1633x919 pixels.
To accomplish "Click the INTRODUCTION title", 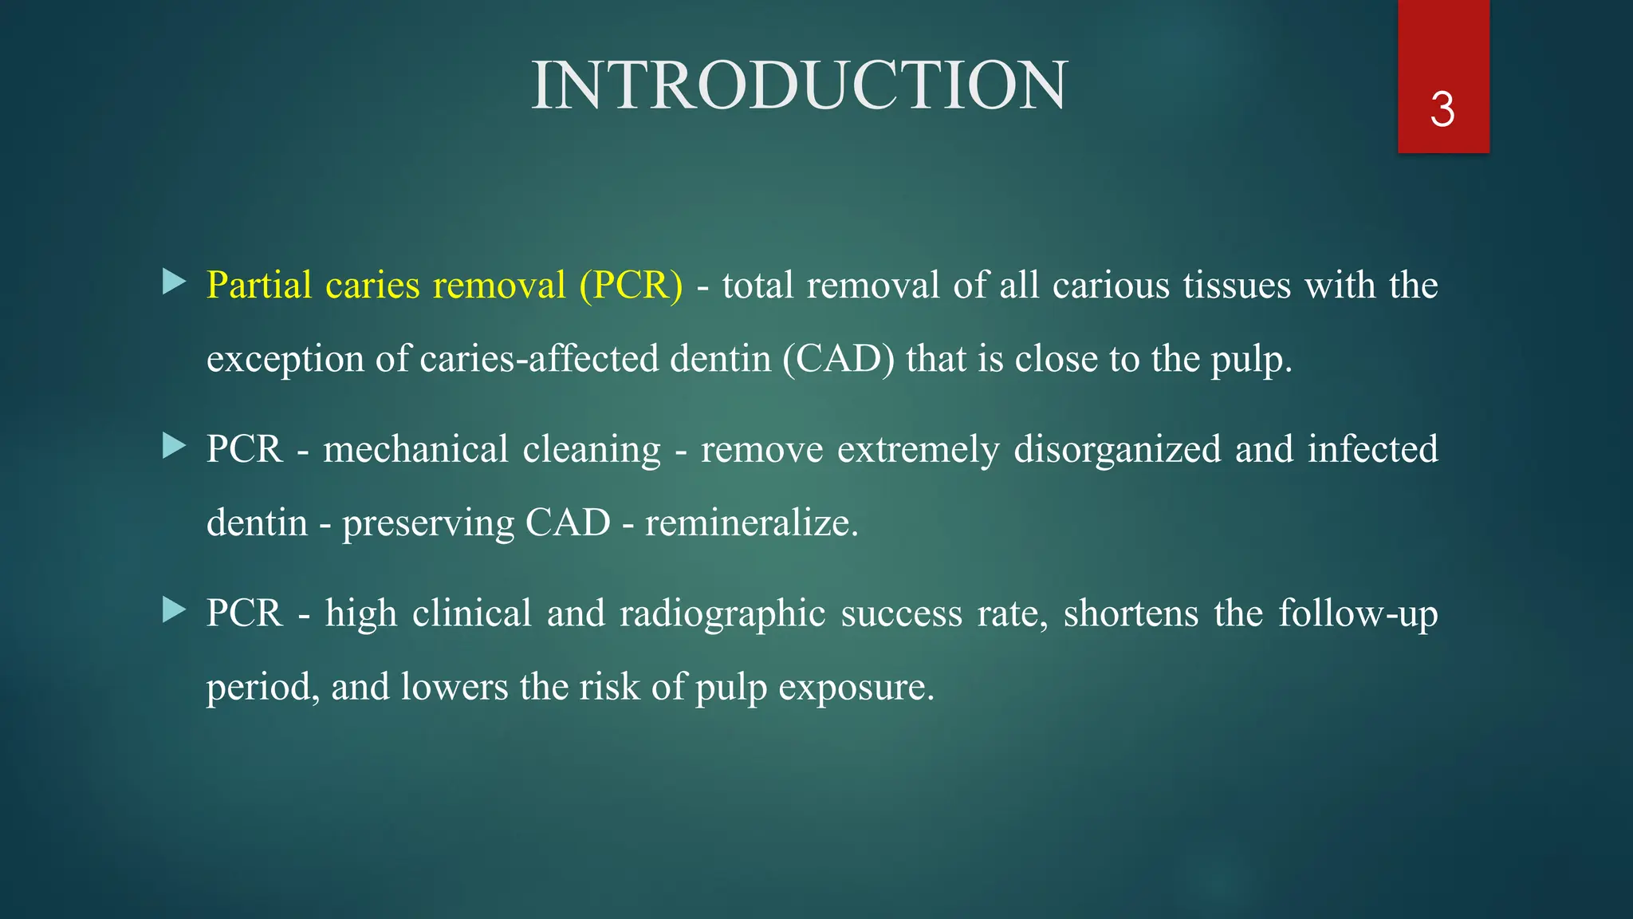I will (x=799, y=85).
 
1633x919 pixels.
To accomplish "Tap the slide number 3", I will (x=1442, y=109).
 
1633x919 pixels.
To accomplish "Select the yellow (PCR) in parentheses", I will (x=631, y=285).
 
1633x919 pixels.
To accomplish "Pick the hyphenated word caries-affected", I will (x=539, y=359).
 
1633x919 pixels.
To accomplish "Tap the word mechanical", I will (x=415, y=449).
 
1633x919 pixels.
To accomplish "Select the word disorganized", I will (x=1117, y=449).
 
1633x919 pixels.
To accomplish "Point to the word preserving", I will (x=428, y=523).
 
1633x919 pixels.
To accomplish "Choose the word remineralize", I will (x=750, y=523).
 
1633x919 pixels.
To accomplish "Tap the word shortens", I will (x=1131, y=613).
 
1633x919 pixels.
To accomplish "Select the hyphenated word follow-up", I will (x=1358, y=613).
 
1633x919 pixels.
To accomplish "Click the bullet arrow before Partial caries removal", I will (x=174, y=282).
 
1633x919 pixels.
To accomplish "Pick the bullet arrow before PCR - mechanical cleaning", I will (x=174, y=446).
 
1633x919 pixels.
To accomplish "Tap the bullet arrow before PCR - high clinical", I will (x=174, y=610).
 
